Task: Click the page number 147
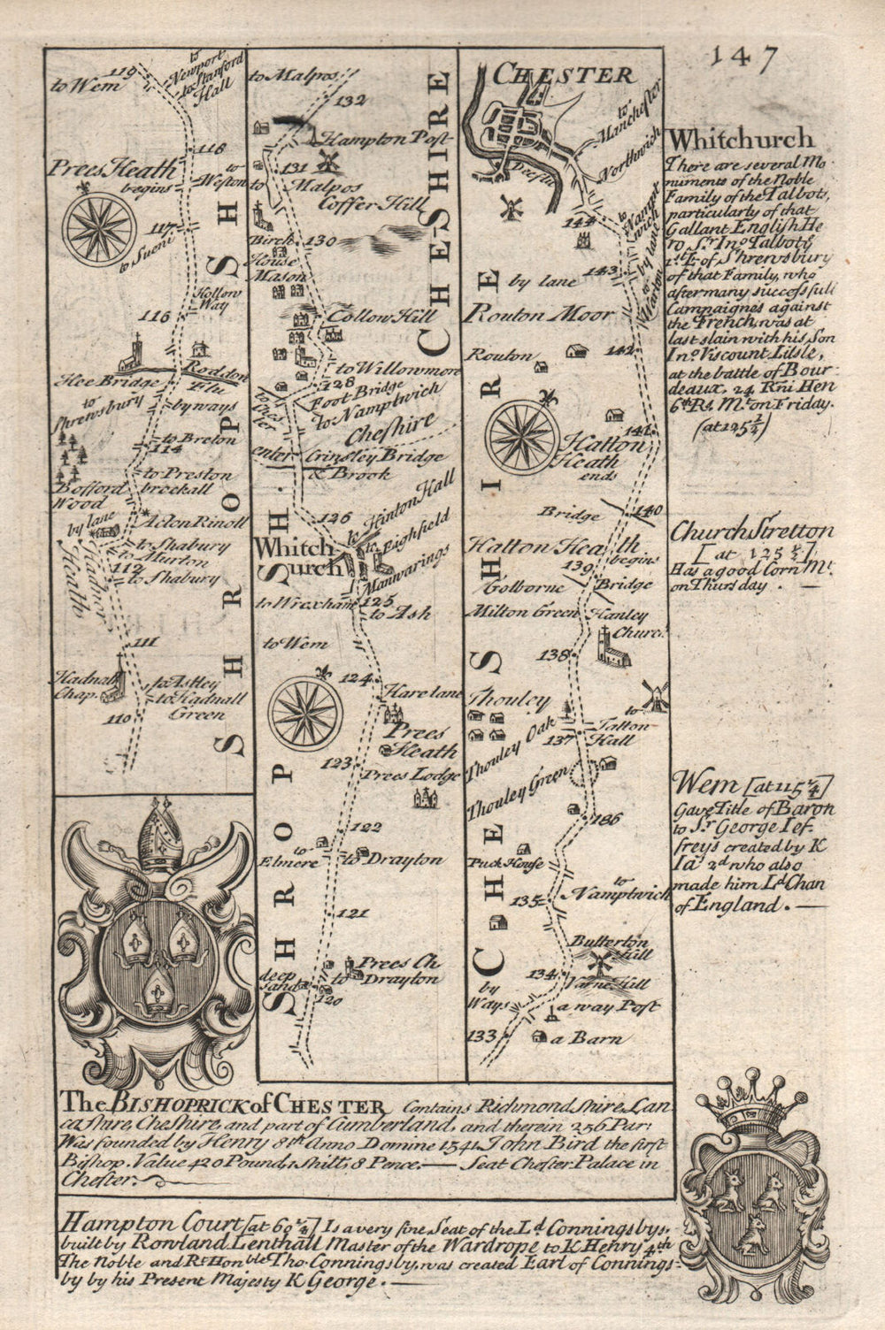point(744,60)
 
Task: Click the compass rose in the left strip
point(100,225)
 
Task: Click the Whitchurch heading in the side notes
point(741,139)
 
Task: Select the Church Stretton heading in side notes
point(752,533)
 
